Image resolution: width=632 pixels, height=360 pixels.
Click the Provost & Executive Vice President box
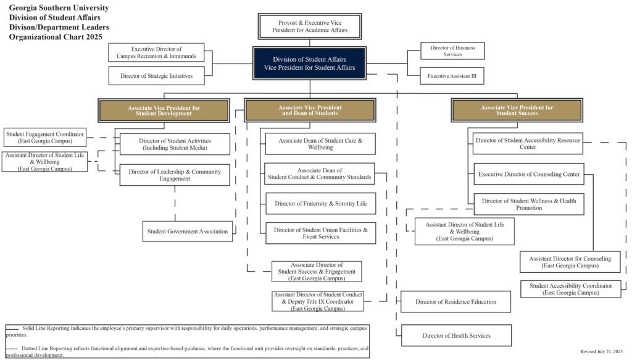tap(309, 27)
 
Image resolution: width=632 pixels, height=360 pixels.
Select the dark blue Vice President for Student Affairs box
tap(309, 63)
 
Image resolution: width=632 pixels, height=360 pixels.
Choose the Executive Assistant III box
tap(452, 76)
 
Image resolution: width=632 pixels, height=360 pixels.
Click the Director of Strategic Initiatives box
tap(156, 76)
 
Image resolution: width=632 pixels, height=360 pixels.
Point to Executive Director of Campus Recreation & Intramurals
tap(156, 52)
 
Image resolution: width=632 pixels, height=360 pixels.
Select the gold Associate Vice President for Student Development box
tap(164, 111)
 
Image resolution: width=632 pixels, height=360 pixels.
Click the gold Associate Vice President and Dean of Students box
tap(310, 110)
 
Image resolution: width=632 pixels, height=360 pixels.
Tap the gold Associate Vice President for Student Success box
tap(517, 110)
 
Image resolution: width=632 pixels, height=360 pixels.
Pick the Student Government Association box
tap(188, 232)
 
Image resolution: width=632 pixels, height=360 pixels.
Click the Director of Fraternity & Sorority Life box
tap(320, 203)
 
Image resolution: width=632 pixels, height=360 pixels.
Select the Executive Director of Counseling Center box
tap(528, 174)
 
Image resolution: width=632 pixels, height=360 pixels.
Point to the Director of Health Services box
tap(456, 335)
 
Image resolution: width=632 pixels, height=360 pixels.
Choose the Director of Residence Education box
tap(455, 301)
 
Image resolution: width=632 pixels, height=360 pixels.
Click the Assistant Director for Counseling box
tap(570, 262)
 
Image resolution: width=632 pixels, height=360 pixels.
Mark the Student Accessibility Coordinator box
tap(570, 289)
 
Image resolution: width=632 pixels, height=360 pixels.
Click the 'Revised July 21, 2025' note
tap(601, 351)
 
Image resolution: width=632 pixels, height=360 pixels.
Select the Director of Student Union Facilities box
tap(320, 233)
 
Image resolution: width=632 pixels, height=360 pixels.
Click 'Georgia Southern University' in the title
tap(59, 8)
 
